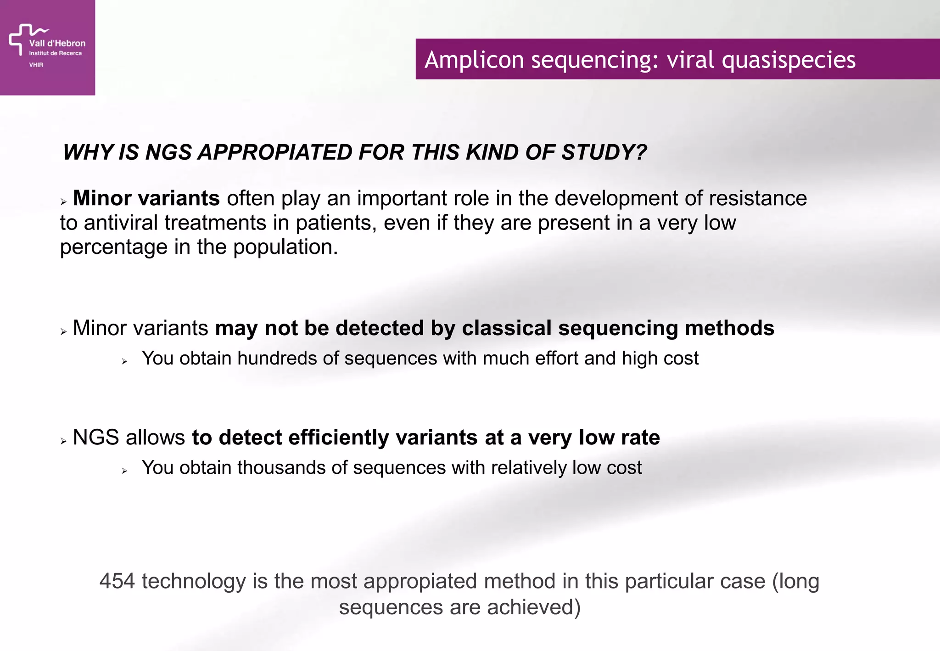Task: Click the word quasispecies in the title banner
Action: click(x=788, y=60)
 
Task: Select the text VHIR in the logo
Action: click(x=36, y=65)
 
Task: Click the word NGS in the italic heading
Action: click(x=168, y=152)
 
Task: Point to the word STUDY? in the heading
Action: click(x=604, y=152)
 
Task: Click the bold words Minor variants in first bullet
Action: click(x=146, y=198)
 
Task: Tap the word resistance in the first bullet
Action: click(x=757, y=198)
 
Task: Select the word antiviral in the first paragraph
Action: click(x=121, y=223)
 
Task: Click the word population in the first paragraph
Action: click(x=285, y=247)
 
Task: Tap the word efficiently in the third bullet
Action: click(x=339, y=438)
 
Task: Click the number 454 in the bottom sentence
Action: click(x=117, y=581)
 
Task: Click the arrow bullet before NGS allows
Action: click(x=63, y=441)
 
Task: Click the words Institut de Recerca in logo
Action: click(x=55, y=53)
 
